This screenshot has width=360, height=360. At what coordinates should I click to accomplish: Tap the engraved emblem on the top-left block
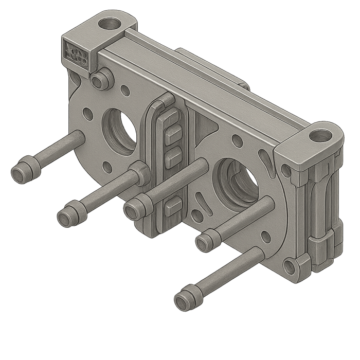pos(76,52)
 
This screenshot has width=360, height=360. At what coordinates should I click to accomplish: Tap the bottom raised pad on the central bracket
pos(171,206)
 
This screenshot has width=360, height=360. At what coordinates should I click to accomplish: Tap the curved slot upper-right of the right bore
pos(265,157)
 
